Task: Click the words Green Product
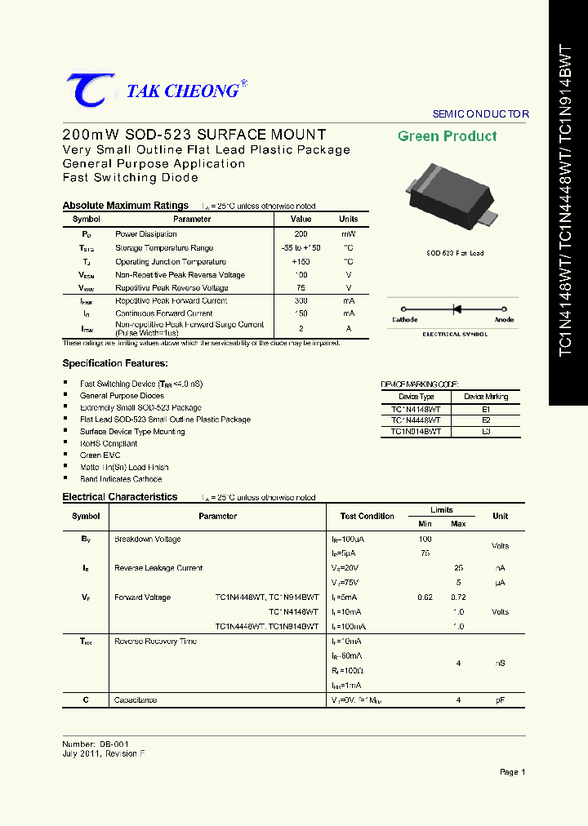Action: click(447, 136)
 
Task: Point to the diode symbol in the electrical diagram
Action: click(457, 309)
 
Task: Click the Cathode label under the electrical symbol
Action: click(404, 320)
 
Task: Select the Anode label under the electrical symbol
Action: click(504, 320)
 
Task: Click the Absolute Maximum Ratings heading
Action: click(125, 206)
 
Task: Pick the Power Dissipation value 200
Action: click(301, 234)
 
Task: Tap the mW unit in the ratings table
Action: click(348, 234)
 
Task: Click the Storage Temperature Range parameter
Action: click(164, 248)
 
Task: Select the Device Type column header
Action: click(415, 397)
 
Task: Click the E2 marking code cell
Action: click(486, 420)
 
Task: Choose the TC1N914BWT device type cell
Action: click(415, 431)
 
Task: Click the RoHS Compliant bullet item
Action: click(109, 443)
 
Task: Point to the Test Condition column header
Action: click(367, 516)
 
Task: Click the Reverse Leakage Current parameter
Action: click(158, 568)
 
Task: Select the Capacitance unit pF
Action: click(500, 700)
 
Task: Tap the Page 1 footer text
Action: click(512, 771)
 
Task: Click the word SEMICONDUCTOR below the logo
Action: click(480, 114)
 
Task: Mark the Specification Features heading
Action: click(115, 363)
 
